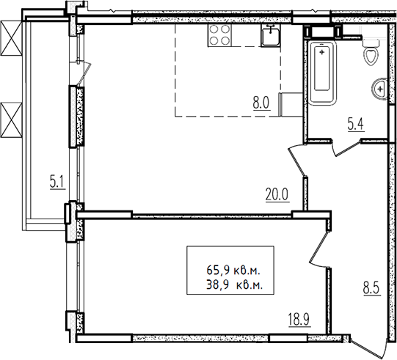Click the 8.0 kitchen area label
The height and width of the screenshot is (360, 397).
coord(262,103)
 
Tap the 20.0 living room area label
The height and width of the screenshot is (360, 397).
coord(277,195)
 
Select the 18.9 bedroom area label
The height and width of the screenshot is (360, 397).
coord(299,320)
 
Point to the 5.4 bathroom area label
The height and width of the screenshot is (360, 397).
coord(356,125)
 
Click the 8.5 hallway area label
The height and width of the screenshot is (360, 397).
coord(372,289)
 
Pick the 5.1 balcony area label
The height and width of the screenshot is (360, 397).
coord(58,183)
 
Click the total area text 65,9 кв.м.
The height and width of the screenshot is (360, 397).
coord(233,271)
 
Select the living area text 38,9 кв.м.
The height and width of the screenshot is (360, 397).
coord(234,285)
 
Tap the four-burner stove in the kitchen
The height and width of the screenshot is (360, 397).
coord(219,36)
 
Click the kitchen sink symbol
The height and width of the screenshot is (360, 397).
coord(271,36)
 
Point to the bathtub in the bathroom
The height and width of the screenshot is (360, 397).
coord(322,73)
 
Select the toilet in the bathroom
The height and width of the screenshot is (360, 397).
coord(371,52)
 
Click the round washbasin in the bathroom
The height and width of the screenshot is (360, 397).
coord(379,89)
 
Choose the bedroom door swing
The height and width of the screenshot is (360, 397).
coord(319,249)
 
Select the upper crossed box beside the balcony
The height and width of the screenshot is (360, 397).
coord(11,37)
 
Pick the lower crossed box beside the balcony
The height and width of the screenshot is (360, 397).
coord(11,120)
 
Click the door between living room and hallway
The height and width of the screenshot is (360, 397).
coord(297,161)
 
